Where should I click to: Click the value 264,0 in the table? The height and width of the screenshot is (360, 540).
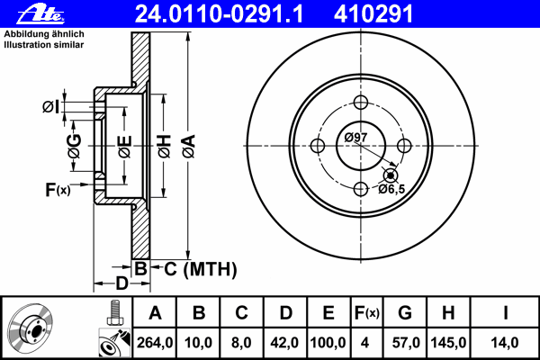pos(155,343)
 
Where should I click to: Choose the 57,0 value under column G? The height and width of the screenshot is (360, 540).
pos(404,343)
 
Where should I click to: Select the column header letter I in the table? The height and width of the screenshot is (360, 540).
pos(505,314)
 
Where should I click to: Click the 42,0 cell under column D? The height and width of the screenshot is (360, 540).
pos(286,343)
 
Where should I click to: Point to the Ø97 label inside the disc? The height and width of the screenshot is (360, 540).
pos(355,137)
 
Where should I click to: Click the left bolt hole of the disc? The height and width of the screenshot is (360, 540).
pos(317,145)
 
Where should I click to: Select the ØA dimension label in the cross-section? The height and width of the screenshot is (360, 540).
pos(188,144)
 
